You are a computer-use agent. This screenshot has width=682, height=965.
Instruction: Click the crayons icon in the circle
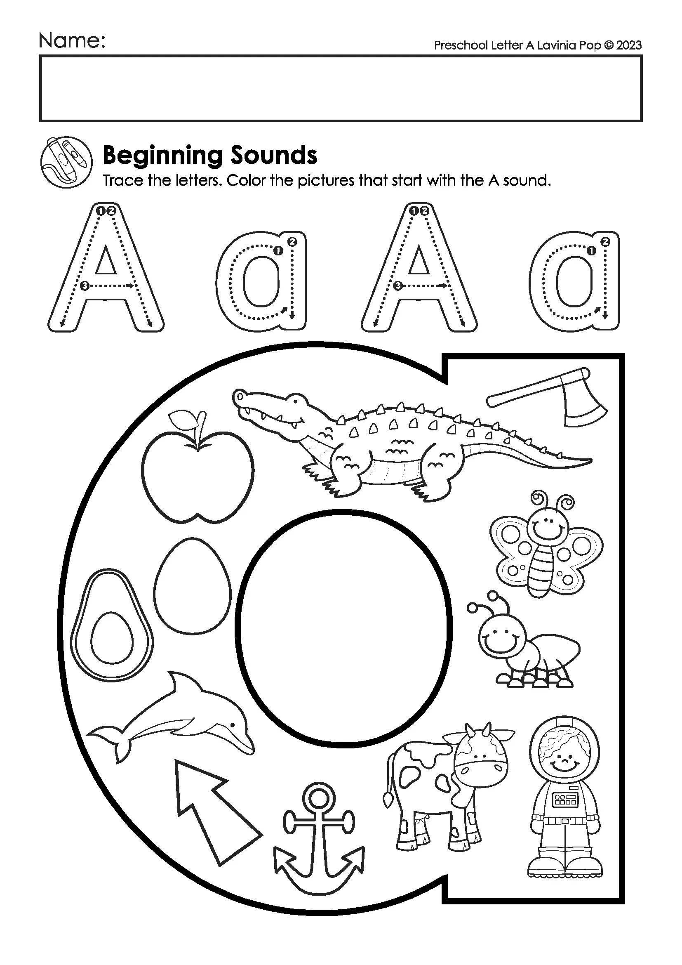(66, 162)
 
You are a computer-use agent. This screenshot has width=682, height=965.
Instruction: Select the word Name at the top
(72, 41)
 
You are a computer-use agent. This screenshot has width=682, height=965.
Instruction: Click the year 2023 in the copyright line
(629, 45)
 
